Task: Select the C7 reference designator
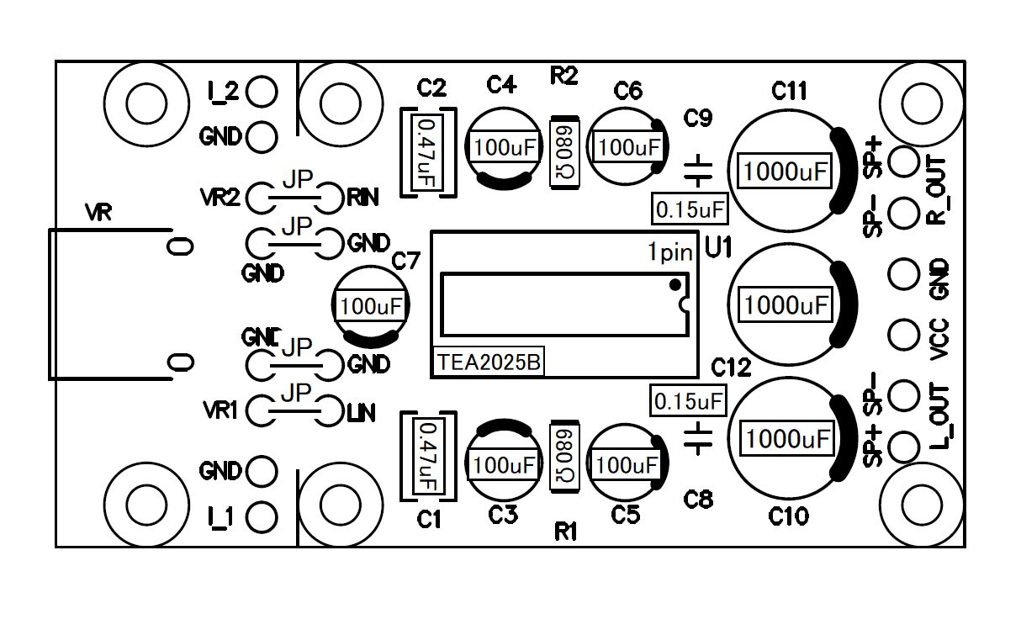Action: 405,262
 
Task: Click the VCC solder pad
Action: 903,334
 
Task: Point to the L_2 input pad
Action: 262,93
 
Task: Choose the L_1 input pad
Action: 262,516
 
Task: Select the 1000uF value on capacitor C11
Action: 786,172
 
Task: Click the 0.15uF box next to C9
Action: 690,209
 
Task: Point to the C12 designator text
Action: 730,368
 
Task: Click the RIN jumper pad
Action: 331,198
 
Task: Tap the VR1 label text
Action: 222,411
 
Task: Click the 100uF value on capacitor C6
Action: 627,149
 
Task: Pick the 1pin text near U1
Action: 670,251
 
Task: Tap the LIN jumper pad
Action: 331,412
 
